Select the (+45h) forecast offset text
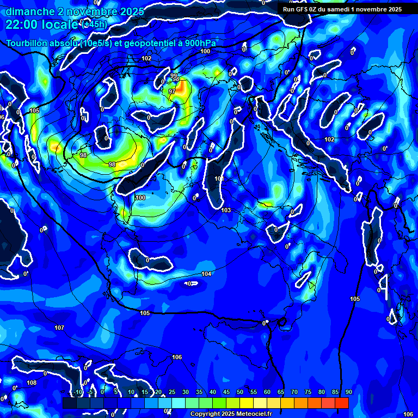coord(94,24)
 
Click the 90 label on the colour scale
coord(349,392)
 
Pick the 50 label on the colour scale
coord(240,392)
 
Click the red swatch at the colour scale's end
coord(341,403)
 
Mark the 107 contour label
coord(59,328)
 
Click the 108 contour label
coord(32,383)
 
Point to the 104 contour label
coord(206,274)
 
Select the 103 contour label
coord(226,210)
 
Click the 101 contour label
coord(219,179)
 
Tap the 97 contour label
coord(172,91)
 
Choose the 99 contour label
coord(173,76)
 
